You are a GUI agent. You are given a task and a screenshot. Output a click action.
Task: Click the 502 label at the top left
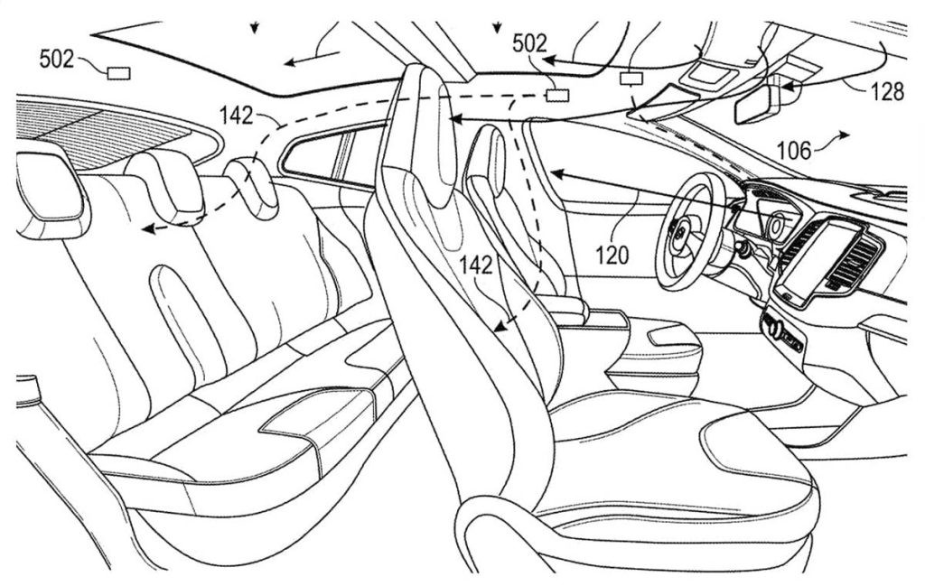coord(57,59)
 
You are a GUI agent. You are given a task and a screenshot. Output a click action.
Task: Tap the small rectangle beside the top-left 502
coord(118,72)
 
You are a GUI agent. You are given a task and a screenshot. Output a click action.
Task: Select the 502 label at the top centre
coord(529,43)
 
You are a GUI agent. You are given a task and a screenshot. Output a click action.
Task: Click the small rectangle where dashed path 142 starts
coord(557,94)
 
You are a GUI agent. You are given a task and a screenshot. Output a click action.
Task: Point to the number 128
coord(887,91)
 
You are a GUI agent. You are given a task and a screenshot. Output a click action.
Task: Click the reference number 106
coord(794,151)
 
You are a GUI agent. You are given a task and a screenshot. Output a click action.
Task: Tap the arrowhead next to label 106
coord(845,135)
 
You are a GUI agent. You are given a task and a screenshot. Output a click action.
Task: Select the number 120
coord(612,256)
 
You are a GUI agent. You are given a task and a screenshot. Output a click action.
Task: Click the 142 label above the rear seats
coord(236,116)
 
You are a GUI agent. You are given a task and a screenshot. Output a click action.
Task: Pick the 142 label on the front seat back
coord(475,265)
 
